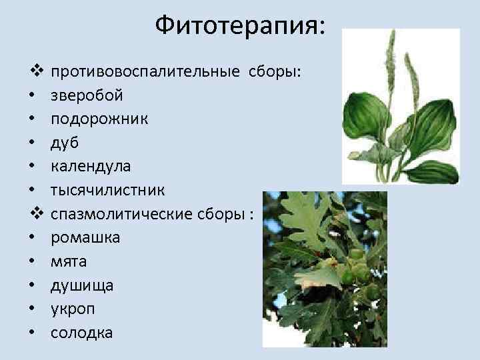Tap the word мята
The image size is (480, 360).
69,261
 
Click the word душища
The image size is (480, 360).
82,285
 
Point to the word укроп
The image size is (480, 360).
73,309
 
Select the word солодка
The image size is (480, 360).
82,333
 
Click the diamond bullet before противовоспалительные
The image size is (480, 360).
36,71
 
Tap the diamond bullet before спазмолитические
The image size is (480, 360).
36,214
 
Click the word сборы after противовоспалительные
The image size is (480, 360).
275,71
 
